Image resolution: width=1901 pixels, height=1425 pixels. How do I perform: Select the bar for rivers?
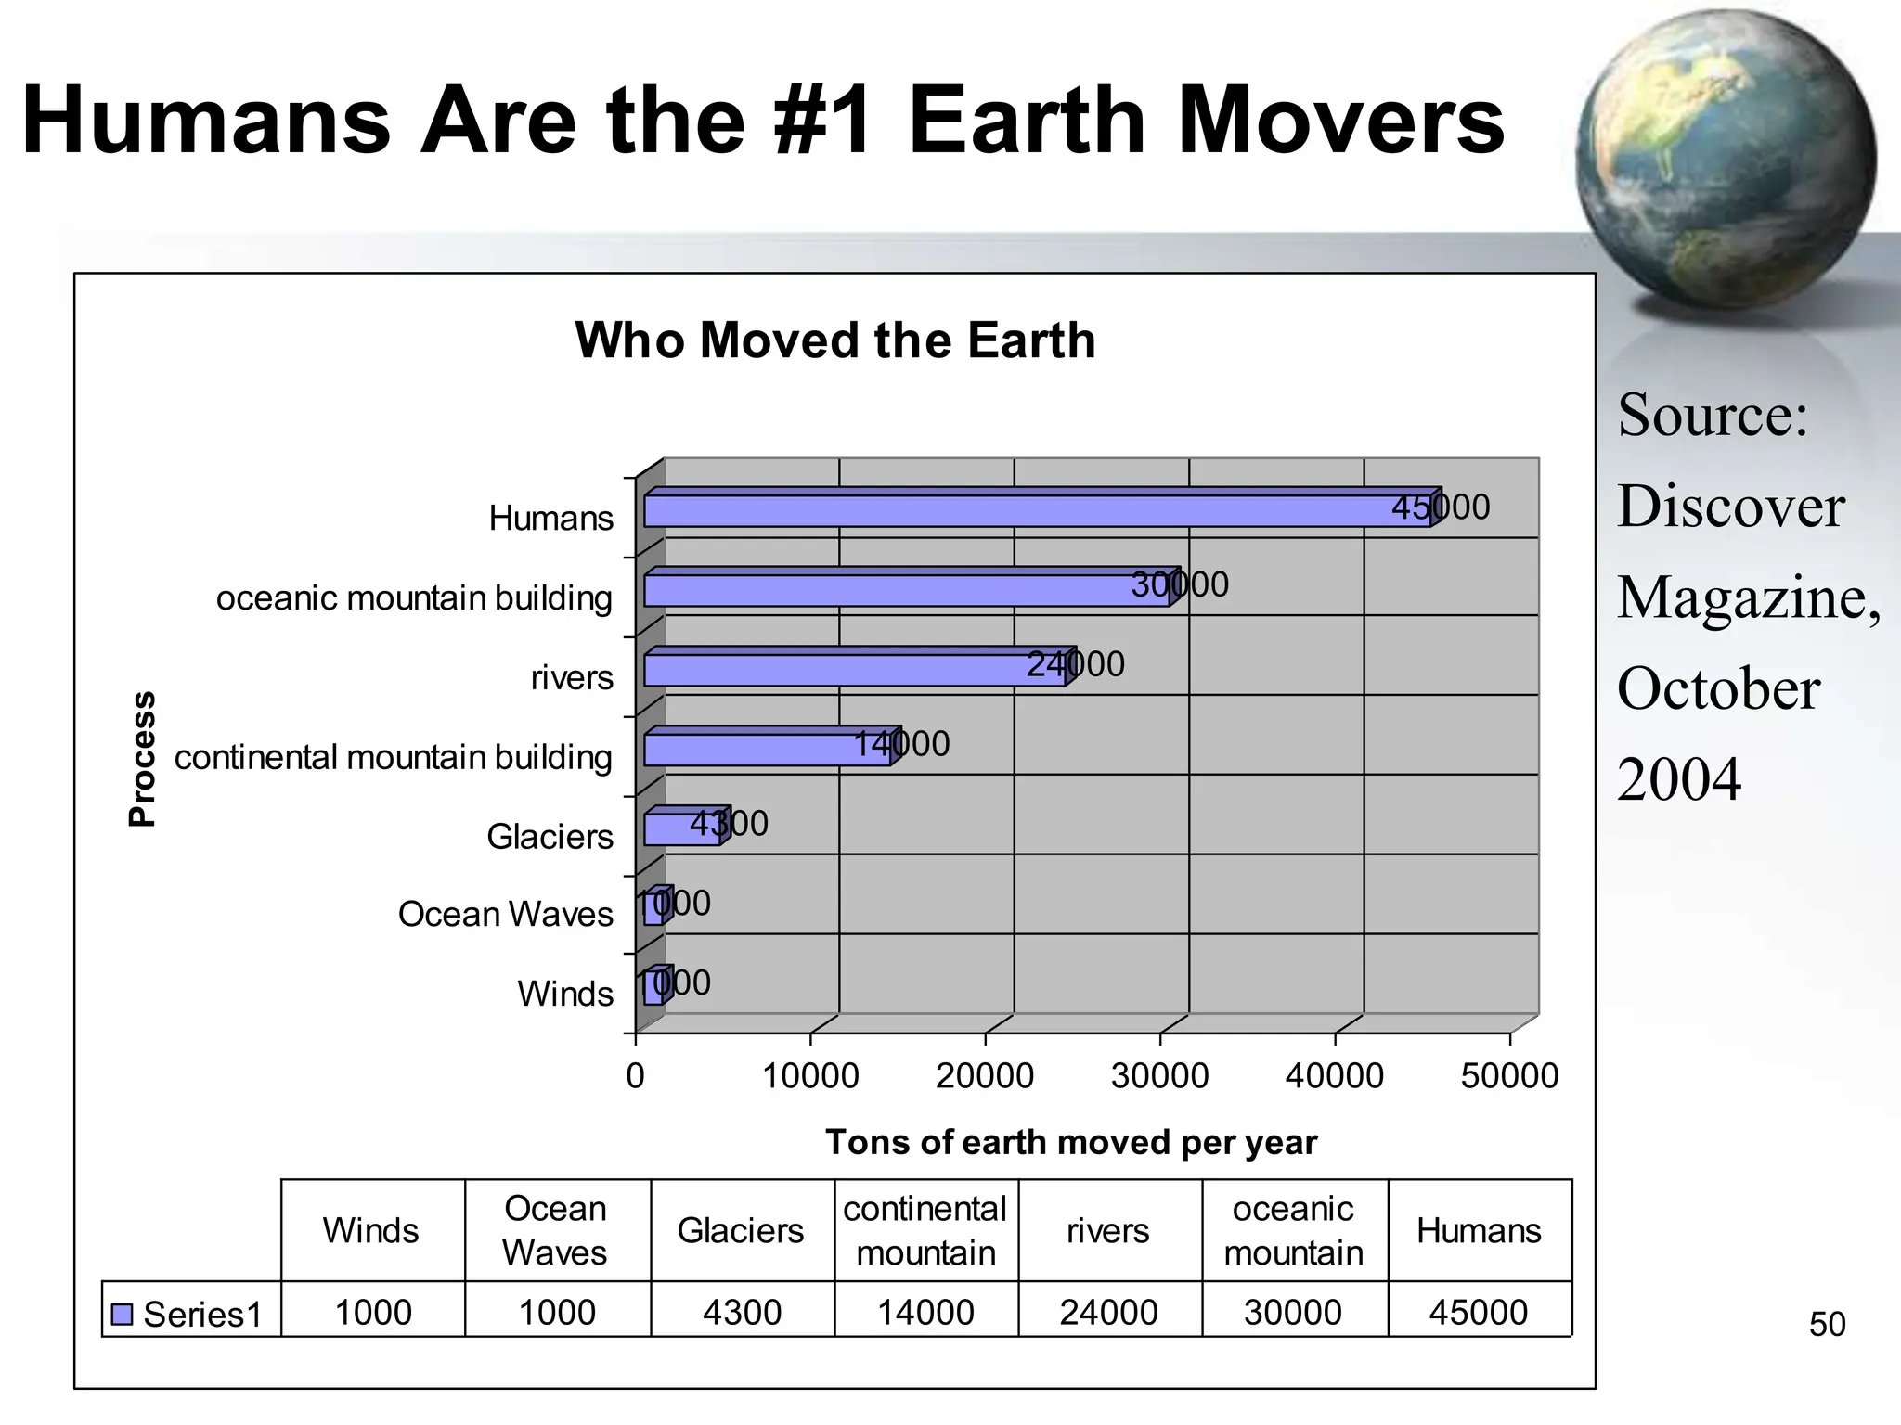854,670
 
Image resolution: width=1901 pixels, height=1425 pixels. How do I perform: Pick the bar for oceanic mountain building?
905,590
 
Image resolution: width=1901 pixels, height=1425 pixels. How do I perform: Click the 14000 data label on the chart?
901,744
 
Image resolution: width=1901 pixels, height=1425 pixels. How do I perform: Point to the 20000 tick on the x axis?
984,1076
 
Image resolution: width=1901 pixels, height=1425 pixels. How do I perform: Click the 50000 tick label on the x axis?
1509,1076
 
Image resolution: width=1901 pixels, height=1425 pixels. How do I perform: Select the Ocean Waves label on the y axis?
505,915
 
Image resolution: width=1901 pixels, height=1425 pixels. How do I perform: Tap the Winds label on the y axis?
564,994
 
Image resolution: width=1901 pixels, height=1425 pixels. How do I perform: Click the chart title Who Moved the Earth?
835,340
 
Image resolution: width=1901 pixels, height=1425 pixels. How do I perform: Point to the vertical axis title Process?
142,758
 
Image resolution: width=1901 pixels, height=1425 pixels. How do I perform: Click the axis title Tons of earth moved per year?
1070,1142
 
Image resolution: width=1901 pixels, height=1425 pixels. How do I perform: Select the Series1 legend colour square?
122,1315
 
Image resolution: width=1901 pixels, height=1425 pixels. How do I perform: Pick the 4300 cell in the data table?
742,1313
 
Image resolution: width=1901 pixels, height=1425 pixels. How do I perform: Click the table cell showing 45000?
1478,1313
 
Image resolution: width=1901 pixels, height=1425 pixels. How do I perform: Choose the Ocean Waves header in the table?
555,1231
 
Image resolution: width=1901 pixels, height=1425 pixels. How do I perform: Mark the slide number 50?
1827,1324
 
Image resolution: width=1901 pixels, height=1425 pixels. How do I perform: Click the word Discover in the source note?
1730,507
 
